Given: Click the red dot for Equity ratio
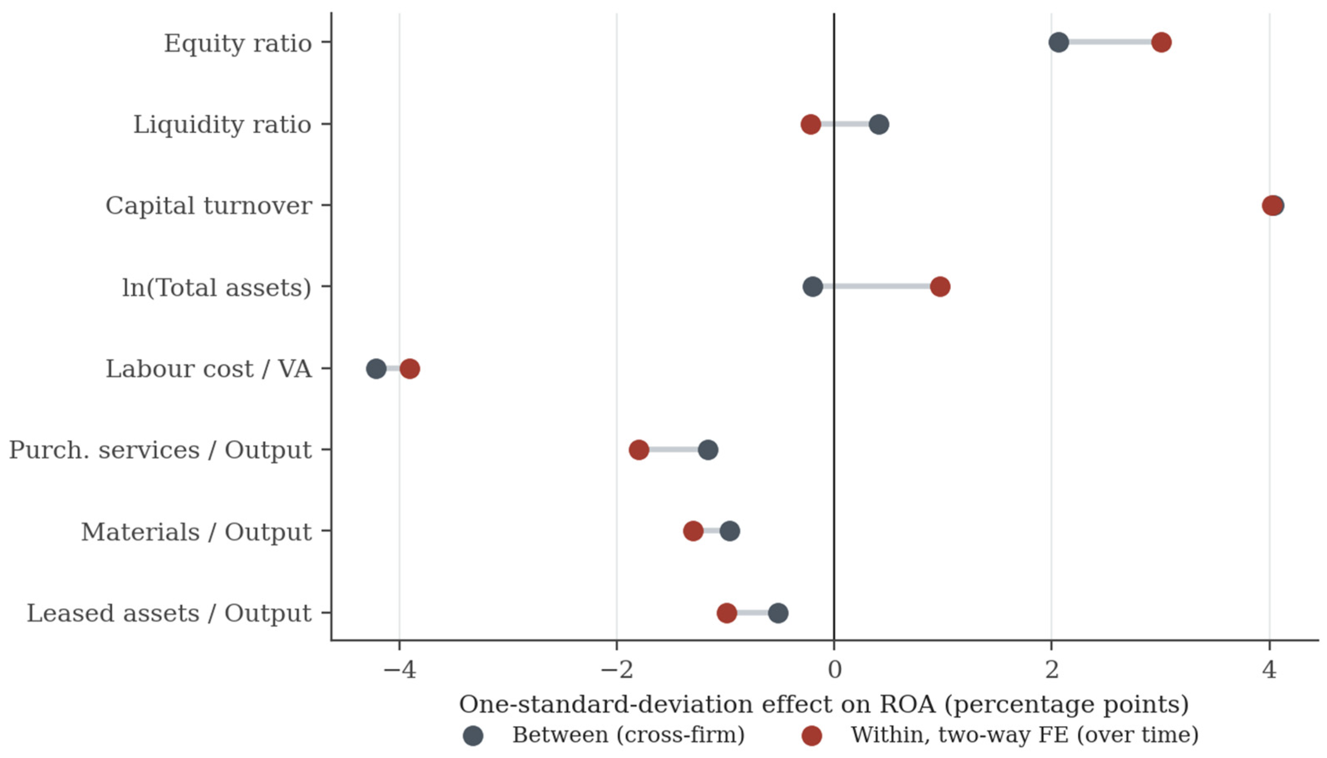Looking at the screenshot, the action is tap(1161, 42).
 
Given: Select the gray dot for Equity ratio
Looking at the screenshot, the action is tap(1058, 42).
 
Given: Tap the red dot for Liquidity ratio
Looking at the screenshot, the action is tap(811, 125).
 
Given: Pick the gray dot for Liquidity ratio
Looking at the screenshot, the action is tap(879, 125).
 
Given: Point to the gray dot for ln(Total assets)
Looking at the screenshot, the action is tap(813, 286).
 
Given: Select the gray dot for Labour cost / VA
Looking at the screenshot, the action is tap(376, 368).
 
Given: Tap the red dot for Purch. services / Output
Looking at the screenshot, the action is tap(639, 449).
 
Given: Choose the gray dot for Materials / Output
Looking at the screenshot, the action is tap(730, 531).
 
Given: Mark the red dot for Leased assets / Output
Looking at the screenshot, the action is tap(727, 613).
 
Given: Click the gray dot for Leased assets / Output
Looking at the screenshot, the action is tap(778, 613).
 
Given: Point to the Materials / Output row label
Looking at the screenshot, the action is tap(196, 532).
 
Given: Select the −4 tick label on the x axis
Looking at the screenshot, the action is tap(399, 670).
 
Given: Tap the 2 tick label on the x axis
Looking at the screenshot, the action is tap(1052, 670).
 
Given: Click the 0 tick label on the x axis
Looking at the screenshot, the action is tap(834, 670).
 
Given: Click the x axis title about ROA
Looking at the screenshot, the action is tap(824, 704).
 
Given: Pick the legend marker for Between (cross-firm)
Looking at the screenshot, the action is tap(473, 736).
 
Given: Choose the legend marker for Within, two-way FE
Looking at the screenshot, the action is tap(811, 736).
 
